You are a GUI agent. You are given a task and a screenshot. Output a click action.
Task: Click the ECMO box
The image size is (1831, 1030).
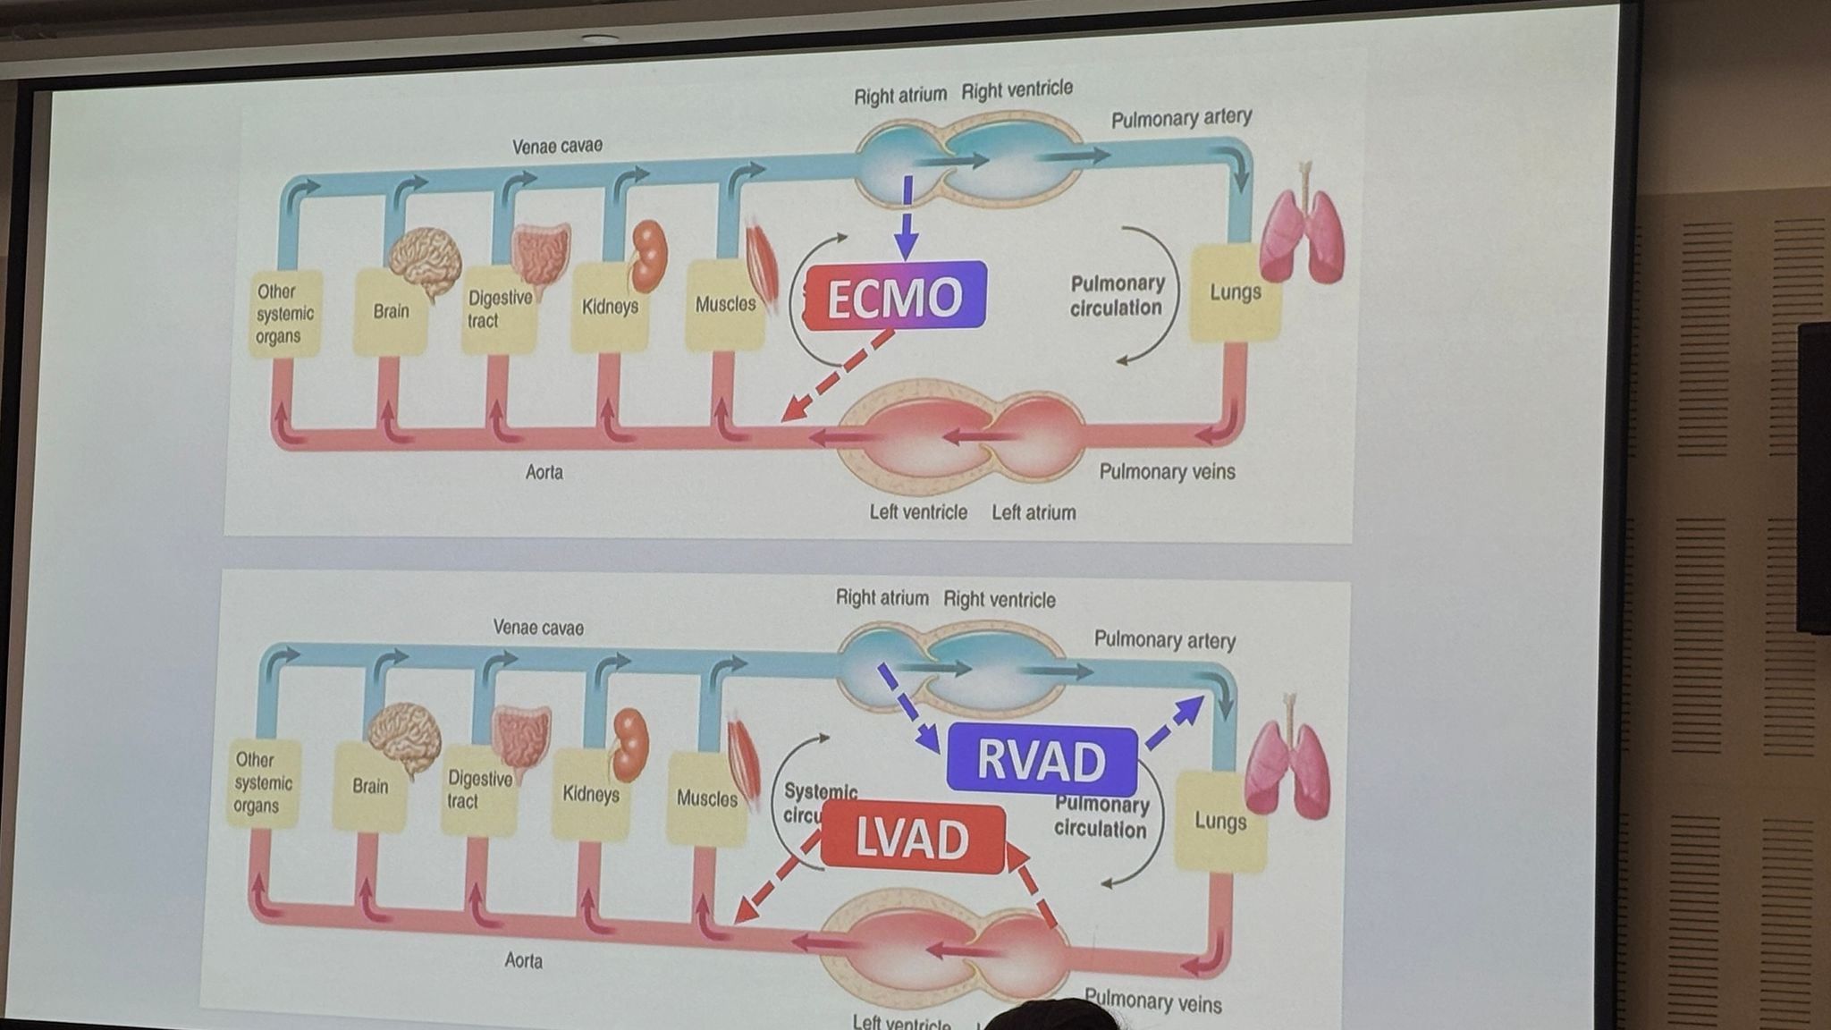(x=895, y=296)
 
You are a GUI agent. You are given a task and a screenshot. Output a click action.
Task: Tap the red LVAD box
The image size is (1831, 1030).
(x=912, y=838)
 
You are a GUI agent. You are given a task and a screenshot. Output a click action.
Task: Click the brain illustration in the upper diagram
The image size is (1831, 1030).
(x=425, y=260)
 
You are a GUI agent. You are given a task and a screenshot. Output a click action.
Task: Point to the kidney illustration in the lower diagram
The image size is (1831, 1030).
(x=629, y=742)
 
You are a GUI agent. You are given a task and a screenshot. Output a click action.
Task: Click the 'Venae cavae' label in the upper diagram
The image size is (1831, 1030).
(x=557, y=146)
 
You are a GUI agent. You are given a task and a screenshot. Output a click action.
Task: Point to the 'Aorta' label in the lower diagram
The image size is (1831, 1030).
(x=523, y=961)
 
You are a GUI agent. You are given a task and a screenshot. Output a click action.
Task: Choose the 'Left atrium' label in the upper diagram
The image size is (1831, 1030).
(x=1034, y=513)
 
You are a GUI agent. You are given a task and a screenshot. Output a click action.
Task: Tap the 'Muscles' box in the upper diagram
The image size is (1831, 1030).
(x=725, y=305)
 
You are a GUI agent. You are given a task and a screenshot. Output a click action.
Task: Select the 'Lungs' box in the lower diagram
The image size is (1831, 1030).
(x=1219, y=822)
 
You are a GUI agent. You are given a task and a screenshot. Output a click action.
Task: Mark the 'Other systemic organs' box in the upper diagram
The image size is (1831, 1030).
(x=284, y=314)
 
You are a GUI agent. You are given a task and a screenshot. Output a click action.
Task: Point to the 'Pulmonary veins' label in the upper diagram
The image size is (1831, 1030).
(x=1167, y=472)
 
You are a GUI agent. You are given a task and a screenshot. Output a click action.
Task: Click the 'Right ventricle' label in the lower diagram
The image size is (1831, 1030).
(x=1000, y=600)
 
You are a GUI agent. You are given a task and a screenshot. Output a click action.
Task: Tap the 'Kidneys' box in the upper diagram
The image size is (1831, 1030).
(x=610, y=307)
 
